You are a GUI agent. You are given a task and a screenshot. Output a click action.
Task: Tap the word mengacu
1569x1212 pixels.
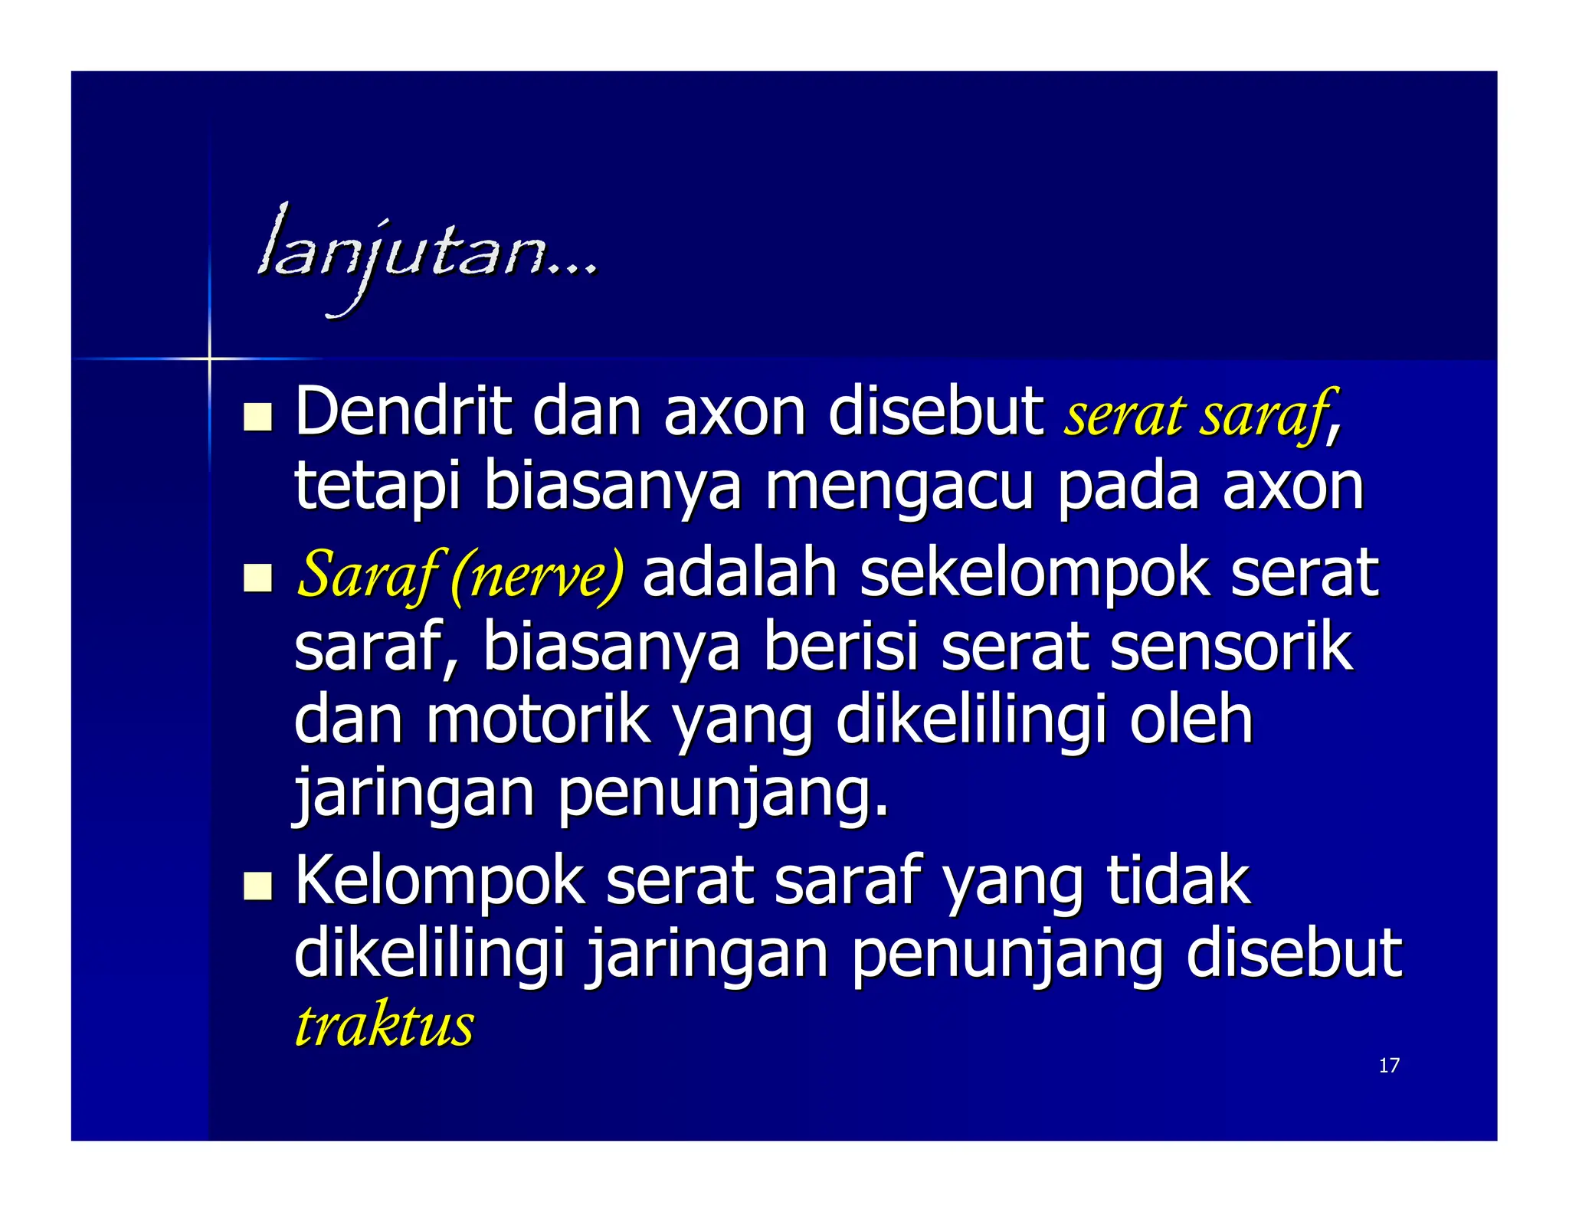(x=899, y=488)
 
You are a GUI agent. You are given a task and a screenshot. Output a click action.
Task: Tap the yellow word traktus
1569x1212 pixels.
(x=385, y=1026)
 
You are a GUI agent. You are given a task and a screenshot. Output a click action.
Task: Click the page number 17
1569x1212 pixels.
(x=1388, y=1066)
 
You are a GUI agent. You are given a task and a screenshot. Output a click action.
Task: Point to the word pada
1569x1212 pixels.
(x=1128, y=488)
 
